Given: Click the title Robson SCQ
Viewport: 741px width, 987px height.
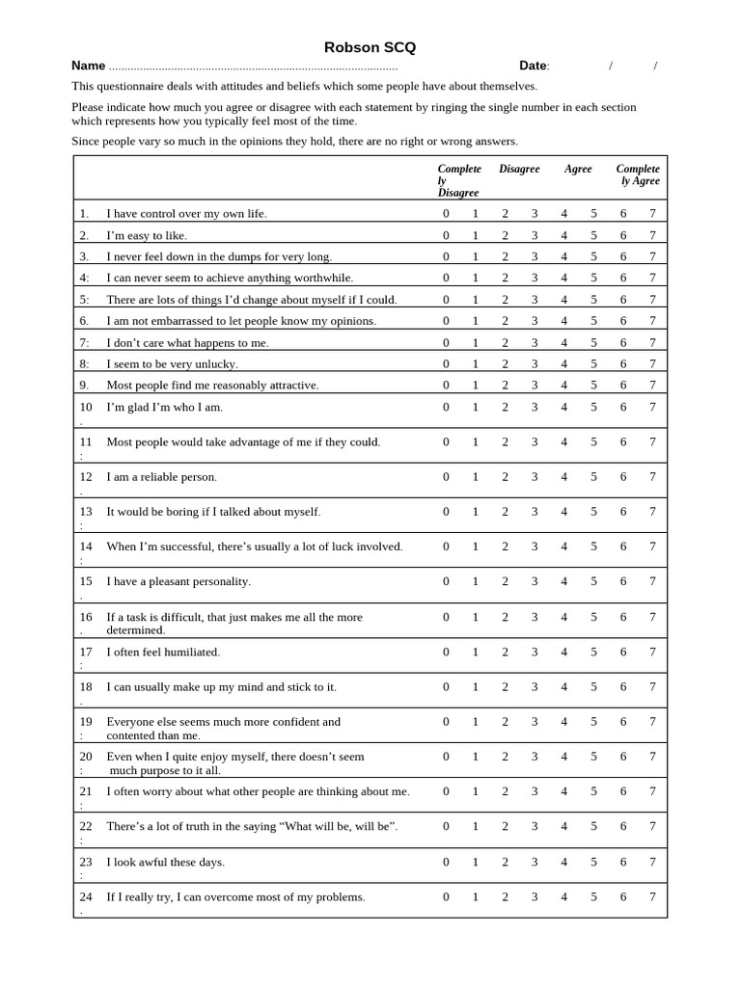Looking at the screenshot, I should click(370, 47).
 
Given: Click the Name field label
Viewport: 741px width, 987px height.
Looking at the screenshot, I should click(88, 66).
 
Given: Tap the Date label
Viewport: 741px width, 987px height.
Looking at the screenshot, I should click(533, 66).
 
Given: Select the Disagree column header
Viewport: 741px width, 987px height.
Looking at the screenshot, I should click(519, 169).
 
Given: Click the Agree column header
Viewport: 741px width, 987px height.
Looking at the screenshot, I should click(578, 169).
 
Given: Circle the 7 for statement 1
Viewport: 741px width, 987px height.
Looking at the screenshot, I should click(652, 213).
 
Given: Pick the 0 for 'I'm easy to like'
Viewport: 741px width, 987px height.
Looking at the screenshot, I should click(446, 235).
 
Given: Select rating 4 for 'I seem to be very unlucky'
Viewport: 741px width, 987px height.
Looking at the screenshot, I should click(564, 363).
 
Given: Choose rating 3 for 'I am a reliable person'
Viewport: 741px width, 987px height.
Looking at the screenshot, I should click(535, 476).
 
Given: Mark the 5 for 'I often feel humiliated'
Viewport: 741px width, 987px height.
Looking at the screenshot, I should click(593, 652).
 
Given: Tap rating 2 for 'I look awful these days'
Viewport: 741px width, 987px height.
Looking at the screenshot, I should click(505, 862).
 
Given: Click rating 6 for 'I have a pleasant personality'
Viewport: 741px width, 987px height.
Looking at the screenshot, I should click(623, 581).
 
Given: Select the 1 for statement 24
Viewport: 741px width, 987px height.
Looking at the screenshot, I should click(475, 896).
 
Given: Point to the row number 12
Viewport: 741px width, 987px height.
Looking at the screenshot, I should click(86, 476).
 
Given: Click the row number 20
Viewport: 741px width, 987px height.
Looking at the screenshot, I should click(86, 757).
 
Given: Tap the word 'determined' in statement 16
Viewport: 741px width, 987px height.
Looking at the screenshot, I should click(135, 630).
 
